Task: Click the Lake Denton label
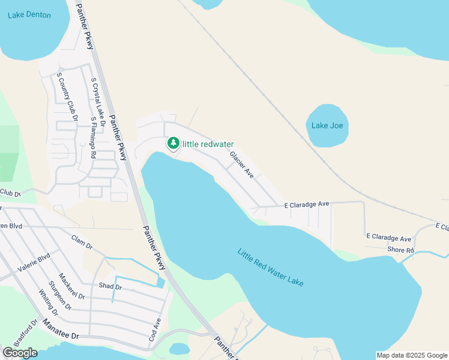click(x=29, y=15)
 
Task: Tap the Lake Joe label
click(x=327, y=125)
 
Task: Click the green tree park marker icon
click(x=173, y=143)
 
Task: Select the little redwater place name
click(x=208, y=144)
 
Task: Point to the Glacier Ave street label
click(x=242, y=164)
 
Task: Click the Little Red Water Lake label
click(x=271, y=267)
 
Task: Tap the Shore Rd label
click(x=401, y=250)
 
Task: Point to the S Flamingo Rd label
click(x=94, y=137)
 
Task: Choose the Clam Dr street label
click(x=81, y=242)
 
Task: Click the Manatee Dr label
click(x=61, y=331)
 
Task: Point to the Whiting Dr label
click(x=47, y=303)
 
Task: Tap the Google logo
click(x=20, y=353)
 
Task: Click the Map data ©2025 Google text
click(x=412, y=355)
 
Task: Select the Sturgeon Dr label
click(x=61, y=295)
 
